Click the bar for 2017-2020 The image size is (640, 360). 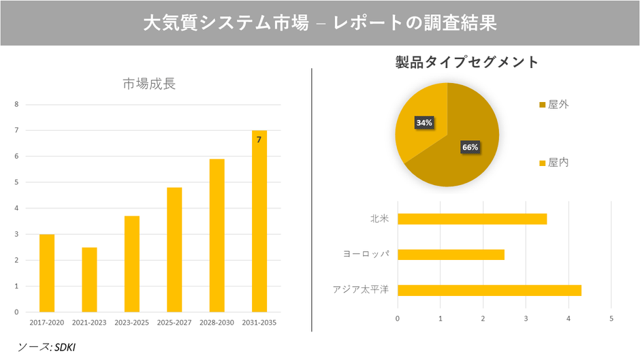[47, 273]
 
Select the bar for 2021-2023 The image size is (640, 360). [89, 280]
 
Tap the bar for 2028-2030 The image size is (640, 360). [217, 235]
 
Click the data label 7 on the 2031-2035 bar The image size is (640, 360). [259, 140]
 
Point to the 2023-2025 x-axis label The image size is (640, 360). [131, 322]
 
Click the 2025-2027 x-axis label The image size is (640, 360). [174, 322]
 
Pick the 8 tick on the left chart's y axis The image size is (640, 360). [17, 105]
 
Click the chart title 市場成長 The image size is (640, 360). [149, 84]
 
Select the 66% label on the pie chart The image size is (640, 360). [470, 147]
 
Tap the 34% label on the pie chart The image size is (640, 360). [424, 123]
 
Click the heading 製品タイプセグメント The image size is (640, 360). [467, 63]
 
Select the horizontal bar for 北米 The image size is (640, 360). [472, 219]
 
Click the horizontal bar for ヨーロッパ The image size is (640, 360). [451, 255]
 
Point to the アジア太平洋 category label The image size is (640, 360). [360, 290]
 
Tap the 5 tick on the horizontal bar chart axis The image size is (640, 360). [611, 318]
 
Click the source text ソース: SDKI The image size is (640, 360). [47, 347]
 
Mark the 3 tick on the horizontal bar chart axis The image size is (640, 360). [526, 318]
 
